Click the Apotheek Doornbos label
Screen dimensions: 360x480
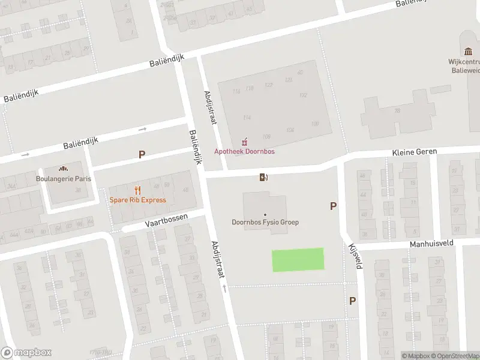245,151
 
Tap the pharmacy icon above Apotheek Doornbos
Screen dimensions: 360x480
244,142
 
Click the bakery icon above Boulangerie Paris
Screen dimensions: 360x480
62,169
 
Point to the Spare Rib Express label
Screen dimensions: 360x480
137,200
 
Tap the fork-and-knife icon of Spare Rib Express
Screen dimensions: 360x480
137,190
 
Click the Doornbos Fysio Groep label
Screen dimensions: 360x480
265,222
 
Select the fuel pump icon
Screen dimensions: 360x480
263,176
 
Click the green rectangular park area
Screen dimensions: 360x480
298,260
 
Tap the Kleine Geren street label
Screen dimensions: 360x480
415,152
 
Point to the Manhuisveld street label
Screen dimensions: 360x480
431,244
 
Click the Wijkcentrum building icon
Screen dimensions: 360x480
469,52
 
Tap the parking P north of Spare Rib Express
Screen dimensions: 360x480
142,154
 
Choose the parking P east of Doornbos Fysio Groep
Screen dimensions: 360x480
333,206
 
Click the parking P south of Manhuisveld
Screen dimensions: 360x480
352,301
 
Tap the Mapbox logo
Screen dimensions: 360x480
26,352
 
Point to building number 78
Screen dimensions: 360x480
397,110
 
